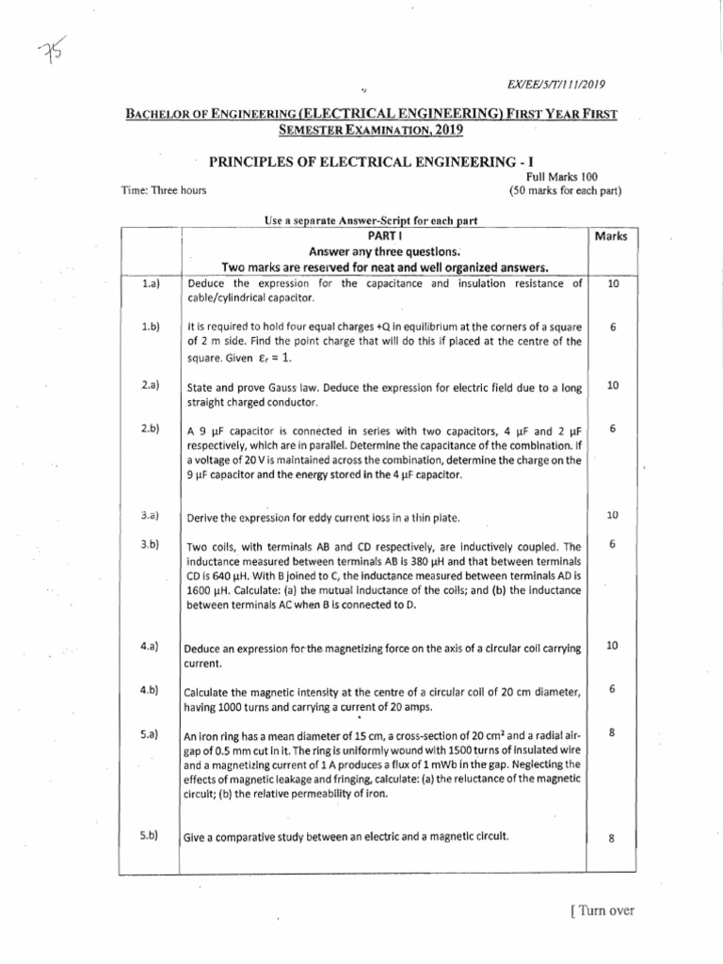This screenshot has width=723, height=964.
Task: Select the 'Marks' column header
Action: click(x=611, y=236)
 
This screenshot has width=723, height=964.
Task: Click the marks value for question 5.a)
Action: click(x=611, y=733)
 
